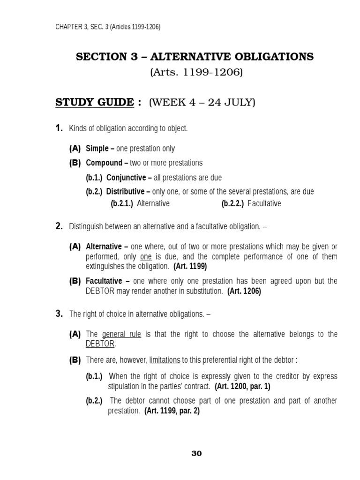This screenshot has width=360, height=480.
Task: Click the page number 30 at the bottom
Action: coord(197,453)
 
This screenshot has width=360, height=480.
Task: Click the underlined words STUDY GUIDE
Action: coord(95,103)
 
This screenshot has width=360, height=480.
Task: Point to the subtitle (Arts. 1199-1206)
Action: coord(196,73)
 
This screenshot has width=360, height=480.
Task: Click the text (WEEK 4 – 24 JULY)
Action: coord(202,103)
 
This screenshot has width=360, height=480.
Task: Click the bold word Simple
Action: coord(97,149)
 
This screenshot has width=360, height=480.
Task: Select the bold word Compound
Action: coord(104,163)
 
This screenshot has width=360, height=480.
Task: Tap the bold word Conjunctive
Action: coord(126,178)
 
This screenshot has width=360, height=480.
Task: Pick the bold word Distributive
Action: coord(125,192)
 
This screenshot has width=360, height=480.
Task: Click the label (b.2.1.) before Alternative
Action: coord(122,203)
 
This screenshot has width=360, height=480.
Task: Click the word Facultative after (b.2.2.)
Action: coord(264,203)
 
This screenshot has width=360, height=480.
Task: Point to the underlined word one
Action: coord(146,257)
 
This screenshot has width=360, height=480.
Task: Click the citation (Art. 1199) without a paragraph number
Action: coord(190,266)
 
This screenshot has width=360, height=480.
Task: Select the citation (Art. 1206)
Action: coord(244,291)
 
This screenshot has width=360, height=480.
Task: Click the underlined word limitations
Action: coord(165,360)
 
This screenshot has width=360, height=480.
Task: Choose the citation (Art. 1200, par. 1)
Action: coord(242,387)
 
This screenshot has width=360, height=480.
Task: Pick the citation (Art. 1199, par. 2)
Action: coord(172,411)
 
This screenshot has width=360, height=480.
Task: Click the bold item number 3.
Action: coord(59,314)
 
